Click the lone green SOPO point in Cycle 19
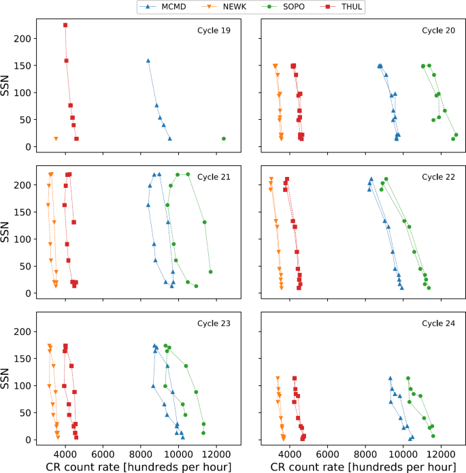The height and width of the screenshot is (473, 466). pyautogui.click(x=224, y=139)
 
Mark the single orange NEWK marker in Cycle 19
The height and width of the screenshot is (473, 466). pyautogui.click(x=56, y=139)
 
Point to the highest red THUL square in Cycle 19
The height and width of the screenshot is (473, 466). pyautogui.click(x=65, y=25)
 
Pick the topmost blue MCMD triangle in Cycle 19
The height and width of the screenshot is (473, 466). pyautogui.click(x=148, y=61)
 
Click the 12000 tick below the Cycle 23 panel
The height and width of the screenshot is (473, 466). pyautogui.click(x=217, y=453)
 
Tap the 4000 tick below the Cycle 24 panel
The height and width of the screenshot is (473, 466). pyautogui.click(x=290, y=453)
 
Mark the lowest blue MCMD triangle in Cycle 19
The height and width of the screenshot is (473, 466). pyautogui.click(x=170, y=139)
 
